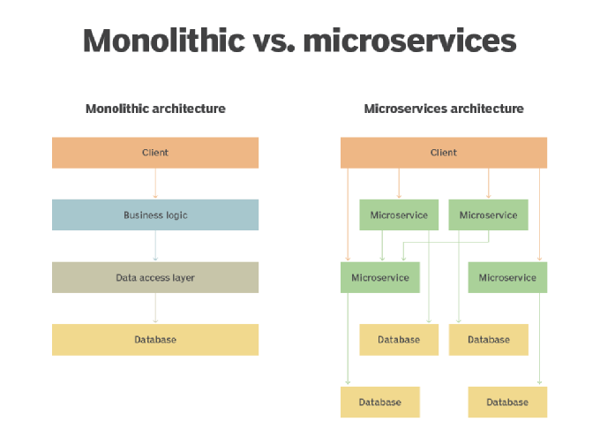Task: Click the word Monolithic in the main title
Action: [x=164, y=41]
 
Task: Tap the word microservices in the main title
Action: [x=409, y=41]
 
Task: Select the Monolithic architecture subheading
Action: [x=155, y=109]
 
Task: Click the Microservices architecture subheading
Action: [x=444, y=109]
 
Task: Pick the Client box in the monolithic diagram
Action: [x=155, y=153]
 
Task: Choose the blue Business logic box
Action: [x=155, y=214]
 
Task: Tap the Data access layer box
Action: [x=155, y=277]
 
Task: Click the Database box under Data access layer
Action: [x=155, y=340]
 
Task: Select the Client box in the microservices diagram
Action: [x=444, y=153]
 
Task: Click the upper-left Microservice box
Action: [x=399, y=214]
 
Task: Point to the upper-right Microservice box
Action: [x=489, y=214]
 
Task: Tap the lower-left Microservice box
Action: [x=380, y=277]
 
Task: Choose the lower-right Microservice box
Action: [x=507, y=277]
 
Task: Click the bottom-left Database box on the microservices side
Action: [x=380, y=402]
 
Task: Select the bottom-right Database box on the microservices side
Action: [x=507, y=402]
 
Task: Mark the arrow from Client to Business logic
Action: [x=155, y=184]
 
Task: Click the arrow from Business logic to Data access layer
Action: [x=155, y=246]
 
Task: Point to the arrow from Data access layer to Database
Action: [x=155, y=308]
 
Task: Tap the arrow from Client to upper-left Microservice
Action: [x=399, y=184]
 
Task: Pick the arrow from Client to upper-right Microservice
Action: [x=489, y=184]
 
